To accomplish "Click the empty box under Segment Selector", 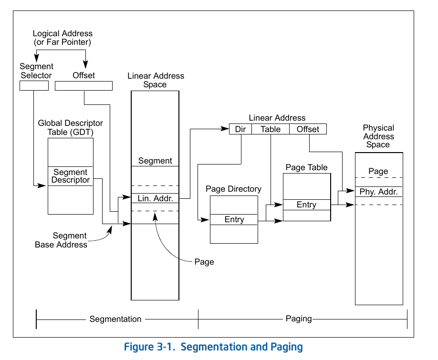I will click(x=34, y=86).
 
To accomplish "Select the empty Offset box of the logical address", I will click(x=83, y=86).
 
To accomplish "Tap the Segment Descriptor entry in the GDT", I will click(x=71, y=176).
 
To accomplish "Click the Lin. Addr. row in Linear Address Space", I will click(x=155, y=198).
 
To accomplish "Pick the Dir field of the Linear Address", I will click(x=240, y=129).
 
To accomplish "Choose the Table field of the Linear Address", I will click(x=271, y=129).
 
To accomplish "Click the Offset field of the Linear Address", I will click(x=308, y=129).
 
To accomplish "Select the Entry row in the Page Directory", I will click(x=234, y=219).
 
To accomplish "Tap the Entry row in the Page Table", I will click(x=306, y=205).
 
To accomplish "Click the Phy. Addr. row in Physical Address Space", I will click(x=379, y=192).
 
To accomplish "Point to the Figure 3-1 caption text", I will click(x=213, y=347).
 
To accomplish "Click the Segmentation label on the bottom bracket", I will click(x=115, y=319).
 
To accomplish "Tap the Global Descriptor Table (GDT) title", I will click(x=71, y=127).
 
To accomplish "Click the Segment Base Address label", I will click(x=61, y=240).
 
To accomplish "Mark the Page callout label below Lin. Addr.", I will click(x=204, y=262).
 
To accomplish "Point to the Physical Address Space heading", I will click(x=378, y=136).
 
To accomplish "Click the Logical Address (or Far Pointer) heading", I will click(x=63, y=38).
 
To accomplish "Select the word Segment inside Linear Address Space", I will click(x=155, y=161).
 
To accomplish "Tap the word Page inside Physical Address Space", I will click(x=378, y=171).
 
